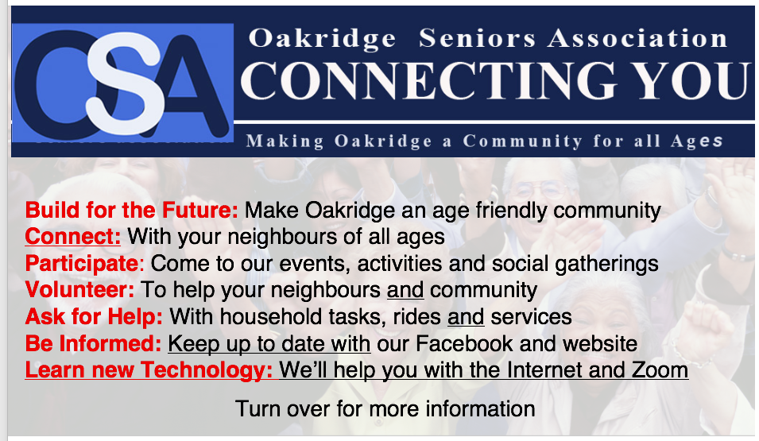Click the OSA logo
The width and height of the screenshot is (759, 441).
[x=122, y=83]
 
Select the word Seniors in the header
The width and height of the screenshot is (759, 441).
[x=477, y=38]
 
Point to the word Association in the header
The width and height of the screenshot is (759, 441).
[x=637, y=38]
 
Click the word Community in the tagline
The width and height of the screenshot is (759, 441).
[x=522, y=141]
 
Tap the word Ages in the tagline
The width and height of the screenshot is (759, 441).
[x=696, y=141]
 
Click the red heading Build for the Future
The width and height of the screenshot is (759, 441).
[x=132, y=211]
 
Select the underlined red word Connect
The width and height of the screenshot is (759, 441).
[x=72, y=237]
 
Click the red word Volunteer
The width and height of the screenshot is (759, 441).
[x=79, y=290]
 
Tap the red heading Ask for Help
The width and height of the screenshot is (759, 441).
[x=94, y=317]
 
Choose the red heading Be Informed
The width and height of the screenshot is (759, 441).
[x=93, y=344]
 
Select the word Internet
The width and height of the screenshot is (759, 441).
[x=544, y=370]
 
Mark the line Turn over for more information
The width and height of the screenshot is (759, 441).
[x=385, y=409]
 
